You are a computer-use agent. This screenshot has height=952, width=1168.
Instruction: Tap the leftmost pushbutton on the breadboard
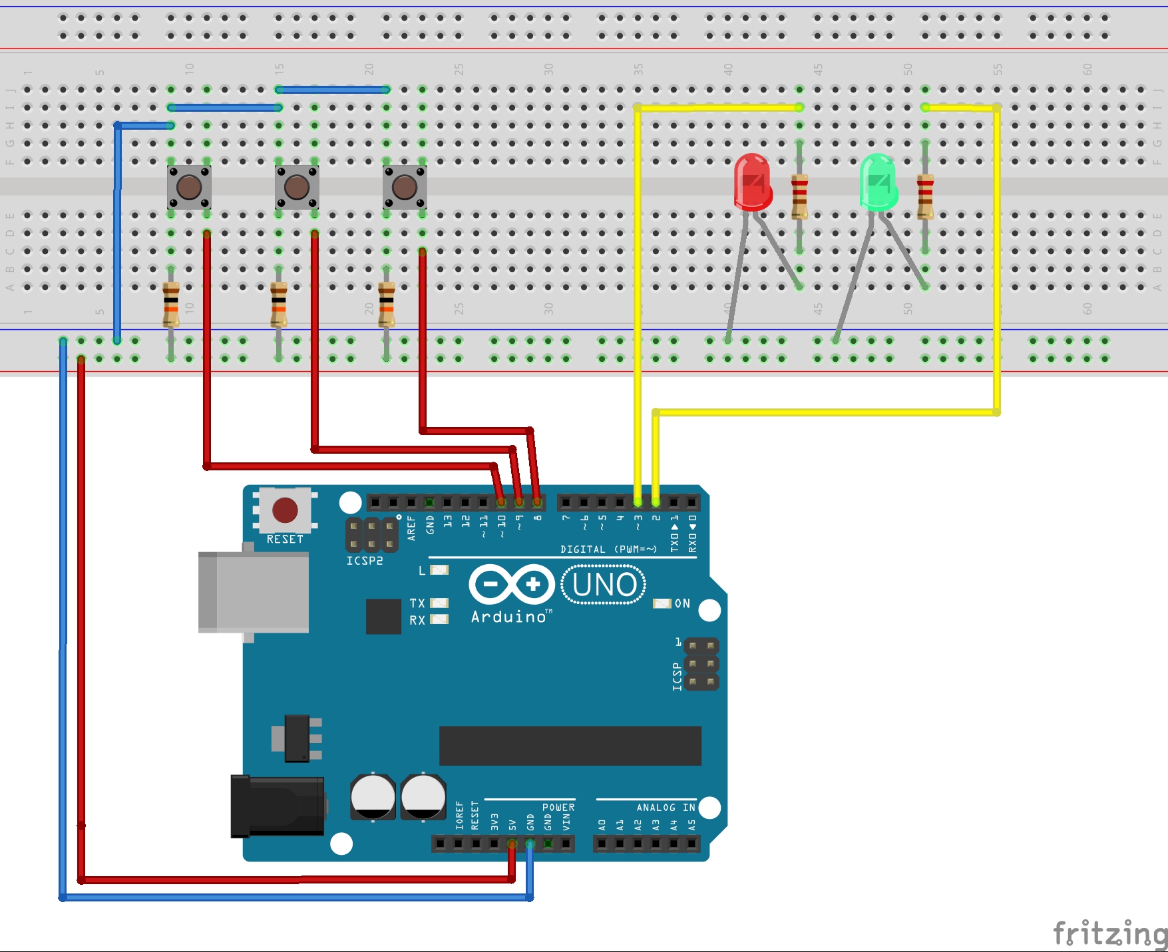(189, 187)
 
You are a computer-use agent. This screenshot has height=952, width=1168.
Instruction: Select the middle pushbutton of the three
(297, 187)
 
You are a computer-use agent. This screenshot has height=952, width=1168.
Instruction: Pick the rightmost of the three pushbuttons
(405, 187)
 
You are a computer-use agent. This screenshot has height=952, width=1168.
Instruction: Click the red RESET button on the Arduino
(285, 510)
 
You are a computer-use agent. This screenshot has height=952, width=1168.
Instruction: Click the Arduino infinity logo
(512, 585)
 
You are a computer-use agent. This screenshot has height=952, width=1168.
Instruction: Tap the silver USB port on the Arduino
(254, 592)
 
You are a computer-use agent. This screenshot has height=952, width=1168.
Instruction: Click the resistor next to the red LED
(799, 196)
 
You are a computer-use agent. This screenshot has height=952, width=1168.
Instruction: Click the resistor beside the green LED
(925, 196)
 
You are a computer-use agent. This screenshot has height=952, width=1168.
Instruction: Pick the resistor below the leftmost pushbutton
(171, 304)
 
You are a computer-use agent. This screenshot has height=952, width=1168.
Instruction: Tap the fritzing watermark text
(1109, 933)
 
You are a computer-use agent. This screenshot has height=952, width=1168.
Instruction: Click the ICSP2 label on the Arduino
(365, 561)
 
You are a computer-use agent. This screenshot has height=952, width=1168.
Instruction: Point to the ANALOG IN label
(666, 808)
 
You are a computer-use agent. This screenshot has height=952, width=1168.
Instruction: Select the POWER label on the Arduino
(558, 808)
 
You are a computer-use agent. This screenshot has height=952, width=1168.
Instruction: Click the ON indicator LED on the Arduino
(662, 603)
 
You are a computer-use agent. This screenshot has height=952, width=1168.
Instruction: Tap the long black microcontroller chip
(570, 746)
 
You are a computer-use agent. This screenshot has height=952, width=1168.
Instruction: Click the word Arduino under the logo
(508, 617)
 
